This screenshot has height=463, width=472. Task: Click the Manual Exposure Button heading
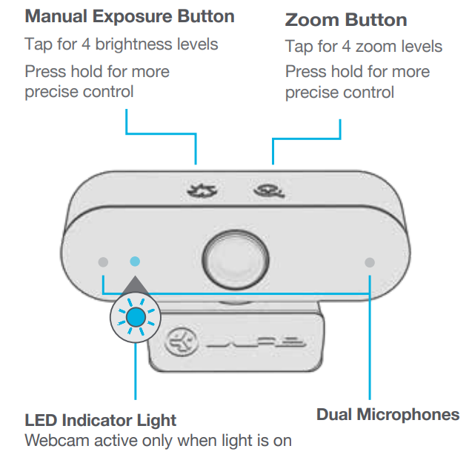click(x=130, y=17)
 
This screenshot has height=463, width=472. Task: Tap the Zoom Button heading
click(x=346, y=20)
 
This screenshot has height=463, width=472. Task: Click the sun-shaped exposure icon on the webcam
click(x=202, y=190)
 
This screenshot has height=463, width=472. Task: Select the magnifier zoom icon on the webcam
click(x=269, y=191)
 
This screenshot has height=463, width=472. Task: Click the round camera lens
click(x=236, y=259)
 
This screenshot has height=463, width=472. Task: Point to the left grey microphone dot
click(x=103, y=262)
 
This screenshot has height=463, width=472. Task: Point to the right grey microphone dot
click(x=370, y=262)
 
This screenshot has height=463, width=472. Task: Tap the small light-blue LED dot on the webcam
click(x=135, y=262)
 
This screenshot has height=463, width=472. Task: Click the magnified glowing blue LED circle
click(x=136, y=317)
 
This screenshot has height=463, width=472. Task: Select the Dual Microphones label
click(x=388, y=415)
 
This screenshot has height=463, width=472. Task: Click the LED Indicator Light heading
click(x=101, y=420)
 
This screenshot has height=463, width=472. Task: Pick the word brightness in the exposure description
click(x=134, y=44)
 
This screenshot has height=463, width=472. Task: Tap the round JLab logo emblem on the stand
click(x=182, y=342)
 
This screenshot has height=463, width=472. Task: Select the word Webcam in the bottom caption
click(x=57, y=441)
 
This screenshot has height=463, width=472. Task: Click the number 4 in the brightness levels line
click(x=86, y=44)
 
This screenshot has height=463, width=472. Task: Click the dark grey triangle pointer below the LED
click(x=135, y=284)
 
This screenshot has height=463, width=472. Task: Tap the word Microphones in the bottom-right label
click(x=408, y=415)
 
